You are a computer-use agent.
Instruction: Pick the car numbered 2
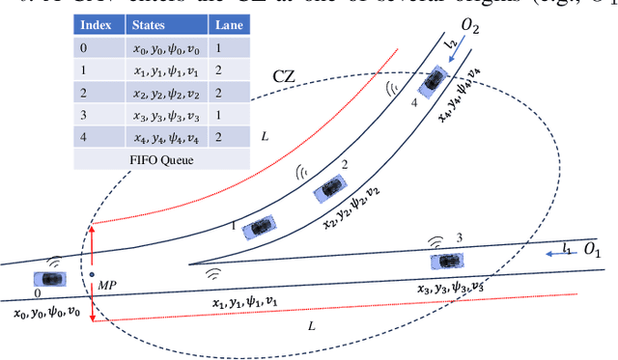(329, 189)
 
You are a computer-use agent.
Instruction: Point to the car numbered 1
(258, 227)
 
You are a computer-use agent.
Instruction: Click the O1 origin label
(593, 254)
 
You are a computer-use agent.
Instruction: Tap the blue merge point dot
(92, 274)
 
